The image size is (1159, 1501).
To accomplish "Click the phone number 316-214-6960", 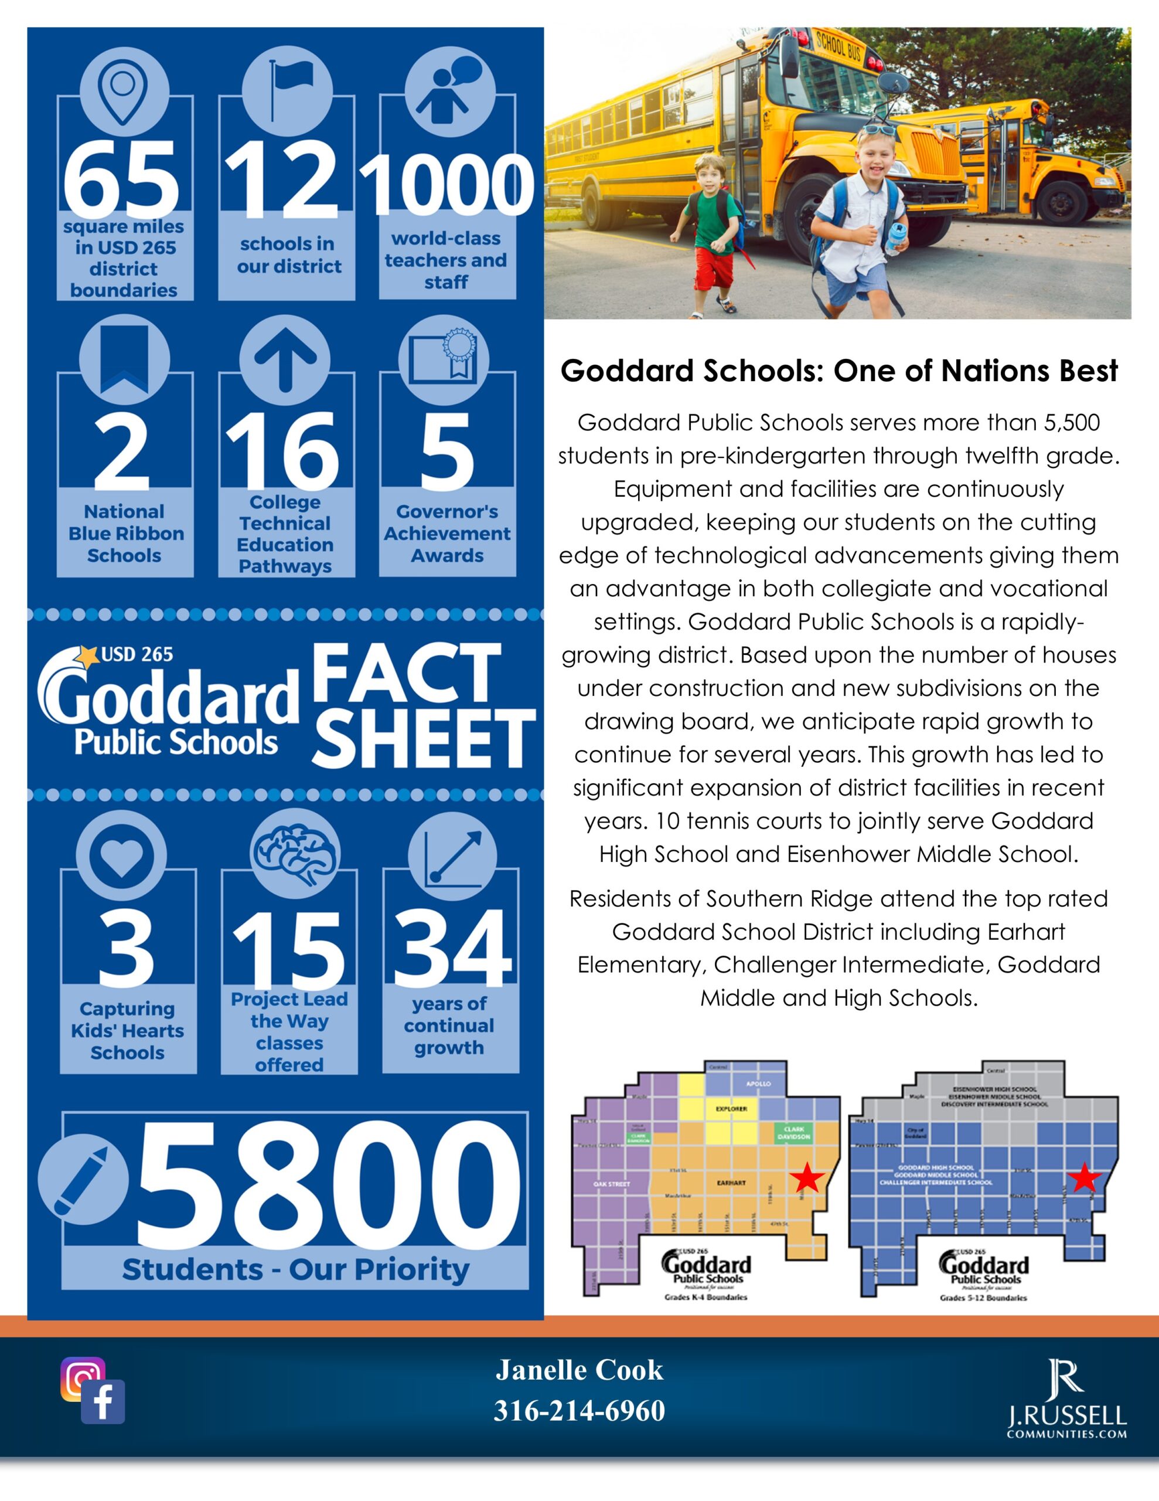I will (579, 1411).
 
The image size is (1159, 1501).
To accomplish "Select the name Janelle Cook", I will (579, 1370).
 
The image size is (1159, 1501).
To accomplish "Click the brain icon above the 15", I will (295, 855).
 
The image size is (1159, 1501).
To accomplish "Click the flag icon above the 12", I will (287, 89).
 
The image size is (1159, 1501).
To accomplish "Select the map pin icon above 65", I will (124, 89).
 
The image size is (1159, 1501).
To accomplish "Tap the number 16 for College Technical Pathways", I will (283, 451).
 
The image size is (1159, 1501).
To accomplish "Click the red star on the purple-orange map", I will (807, 1178).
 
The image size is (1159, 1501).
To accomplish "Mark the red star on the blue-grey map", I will (1084, 1178).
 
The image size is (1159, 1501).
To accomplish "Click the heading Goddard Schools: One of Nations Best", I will (839, 371).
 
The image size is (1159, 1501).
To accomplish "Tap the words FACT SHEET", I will (422, 707).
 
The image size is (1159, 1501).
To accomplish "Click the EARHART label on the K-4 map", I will (731, 1183).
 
